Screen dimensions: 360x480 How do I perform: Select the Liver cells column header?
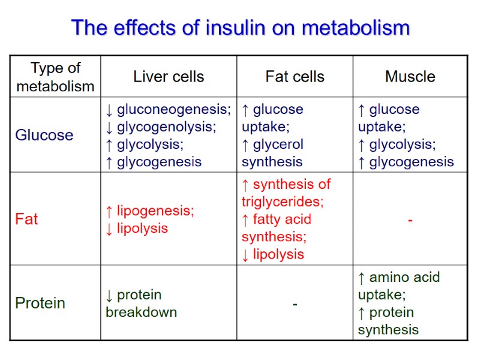(169, 77)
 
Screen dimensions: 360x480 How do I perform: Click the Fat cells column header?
(295, 77)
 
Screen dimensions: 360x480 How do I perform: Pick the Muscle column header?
(410, 77)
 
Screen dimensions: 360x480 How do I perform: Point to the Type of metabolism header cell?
(55, 77)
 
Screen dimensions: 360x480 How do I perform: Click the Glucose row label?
(44, 135)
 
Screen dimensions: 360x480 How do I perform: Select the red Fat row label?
(26, 219)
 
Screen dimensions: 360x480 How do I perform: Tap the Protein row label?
(40, 303)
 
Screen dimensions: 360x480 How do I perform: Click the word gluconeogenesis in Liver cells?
(173, 110)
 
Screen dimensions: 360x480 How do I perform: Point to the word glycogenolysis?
(166, 127)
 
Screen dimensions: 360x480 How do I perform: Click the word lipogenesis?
(155, 211)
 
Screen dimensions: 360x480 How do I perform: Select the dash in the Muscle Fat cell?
(410, 221)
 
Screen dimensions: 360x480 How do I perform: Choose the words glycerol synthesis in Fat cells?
(273, 153)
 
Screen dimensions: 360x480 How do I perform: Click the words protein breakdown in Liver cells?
(142, 304)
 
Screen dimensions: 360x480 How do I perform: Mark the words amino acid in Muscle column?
(405, 277)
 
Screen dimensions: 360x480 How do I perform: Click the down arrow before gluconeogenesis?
(109, 110)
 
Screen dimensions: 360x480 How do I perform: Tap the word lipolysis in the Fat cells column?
(278, 254)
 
